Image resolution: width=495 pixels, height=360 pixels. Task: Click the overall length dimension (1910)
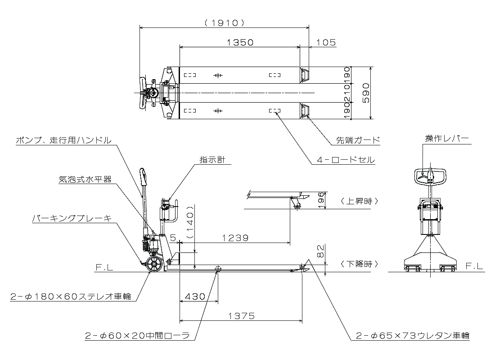(x=224, y=22)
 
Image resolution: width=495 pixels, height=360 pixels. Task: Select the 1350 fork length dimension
(x=240, y=42)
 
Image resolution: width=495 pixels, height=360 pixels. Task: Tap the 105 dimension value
(x=327, y=42)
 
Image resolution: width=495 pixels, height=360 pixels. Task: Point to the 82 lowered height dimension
(x=320, y=252)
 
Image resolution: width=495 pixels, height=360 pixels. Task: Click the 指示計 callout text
(x=212, y=159)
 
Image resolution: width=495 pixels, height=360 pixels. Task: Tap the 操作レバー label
(x=447, y=138)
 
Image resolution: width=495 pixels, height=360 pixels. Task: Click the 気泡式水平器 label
(x=85, y=179)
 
